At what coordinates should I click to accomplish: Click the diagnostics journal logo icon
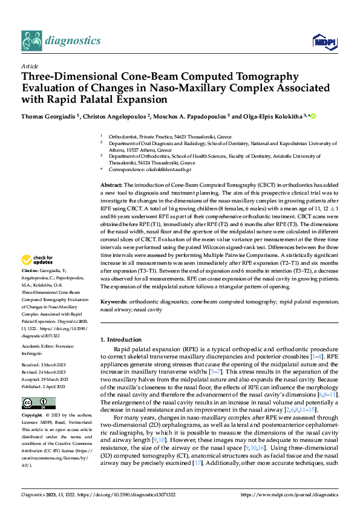[x=31, y=40]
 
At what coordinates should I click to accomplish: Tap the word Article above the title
[x=30, y=65]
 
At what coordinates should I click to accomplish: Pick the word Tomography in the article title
[x=260, y=77]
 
